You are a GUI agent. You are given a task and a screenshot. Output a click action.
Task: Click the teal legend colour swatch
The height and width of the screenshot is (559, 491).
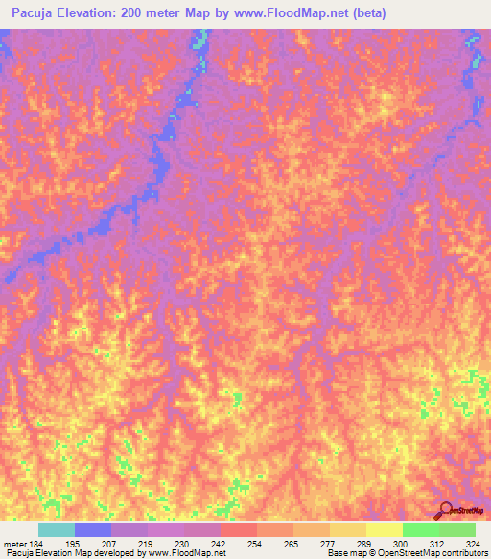click(56, 529)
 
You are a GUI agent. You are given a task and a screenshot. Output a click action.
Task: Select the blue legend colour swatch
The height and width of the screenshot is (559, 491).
click(92, 529)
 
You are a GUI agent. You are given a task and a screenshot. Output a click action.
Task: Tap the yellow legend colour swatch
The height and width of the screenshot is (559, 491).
click(384, 529)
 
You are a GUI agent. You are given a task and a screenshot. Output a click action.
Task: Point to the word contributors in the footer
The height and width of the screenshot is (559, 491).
click(464, 553)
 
